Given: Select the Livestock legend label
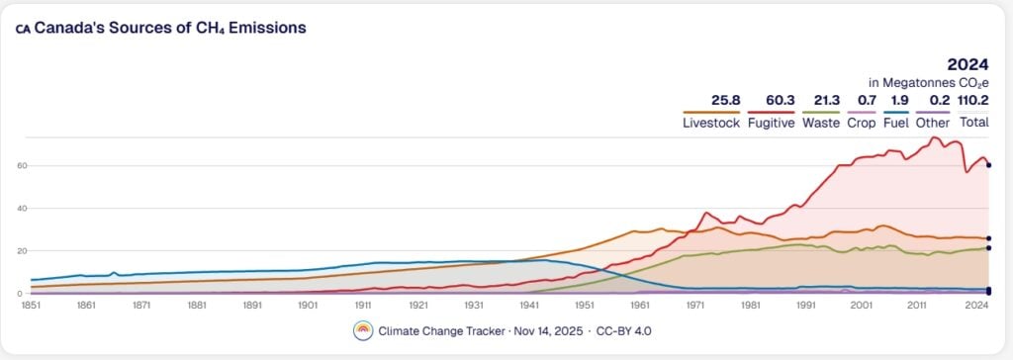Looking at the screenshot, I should pyautogui.click(x=711, y=123).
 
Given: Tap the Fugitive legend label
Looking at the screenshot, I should pyautogui.click(x=772, y=123).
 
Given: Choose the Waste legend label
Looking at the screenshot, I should pyautogui.click(x=821, y=123).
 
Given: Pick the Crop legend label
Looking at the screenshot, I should pyautogui.click(x=862, y=123).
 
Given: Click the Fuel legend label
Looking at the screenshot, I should pyautogui.click(x=895, y=123).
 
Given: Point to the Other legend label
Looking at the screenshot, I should pyautogui.click(x=933, y=123).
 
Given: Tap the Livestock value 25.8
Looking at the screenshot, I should pyautogui.click(x=725, y=100).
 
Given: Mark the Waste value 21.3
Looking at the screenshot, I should pyautogui.click(x=826, y=100).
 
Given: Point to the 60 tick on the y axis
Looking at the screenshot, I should pyautogui.click(x=19, y=165).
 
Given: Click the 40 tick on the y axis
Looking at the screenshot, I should pyautogui.click(x=19, y=209).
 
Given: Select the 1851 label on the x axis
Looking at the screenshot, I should pyautogui.click(x=31, y=306).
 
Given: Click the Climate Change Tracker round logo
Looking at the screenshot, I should pyautogui.click(x=364, y=331).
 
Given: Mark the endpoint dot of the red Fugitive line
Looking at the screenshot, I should pyautogui.click(x=988, y=165).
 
